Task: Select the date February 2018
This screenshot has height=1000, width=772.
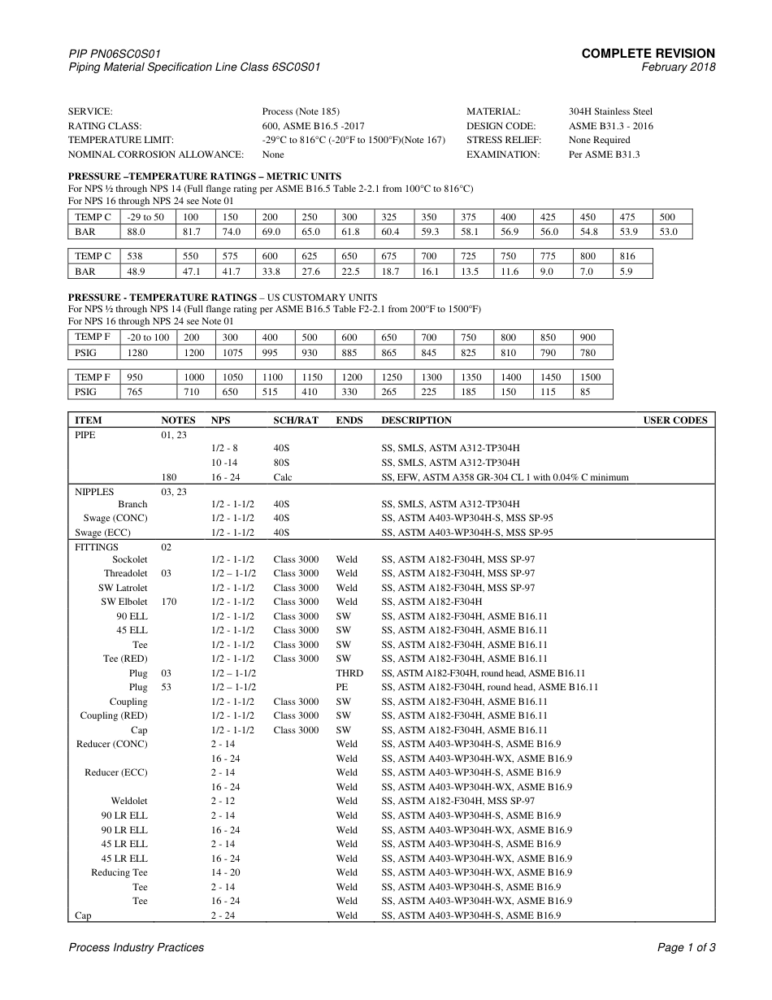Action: (679, 67)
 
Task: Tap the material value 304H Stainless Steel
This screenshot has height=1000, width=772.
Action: (610, 111)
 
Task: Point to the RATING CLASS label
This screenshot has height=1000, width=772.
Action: (104, 126)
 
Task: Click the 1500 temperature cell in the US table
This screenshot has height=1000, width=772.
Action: (591, 377)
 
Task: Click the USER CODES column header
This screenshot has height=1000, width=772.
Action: (675, 420)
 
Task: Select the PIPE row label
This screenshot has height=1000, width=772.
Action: (85, 435)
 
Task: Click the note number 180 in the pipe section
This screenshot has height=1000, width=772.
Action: (169, 477)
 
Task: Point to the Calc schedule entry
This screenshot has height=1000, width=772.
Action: (283, 477)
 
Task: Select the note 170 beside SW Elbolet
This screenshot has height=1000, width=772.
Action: (168, 602)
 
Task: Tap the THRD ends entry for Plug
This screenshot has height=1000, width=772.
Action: (349, 673)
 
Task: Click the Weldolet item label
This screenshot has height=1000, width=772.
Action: (129, 801)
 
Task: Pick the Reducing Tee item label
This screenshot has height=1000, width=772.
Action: (119, 872)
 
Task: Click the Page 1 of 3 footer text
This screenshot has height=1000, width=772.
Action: (686, 947)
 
